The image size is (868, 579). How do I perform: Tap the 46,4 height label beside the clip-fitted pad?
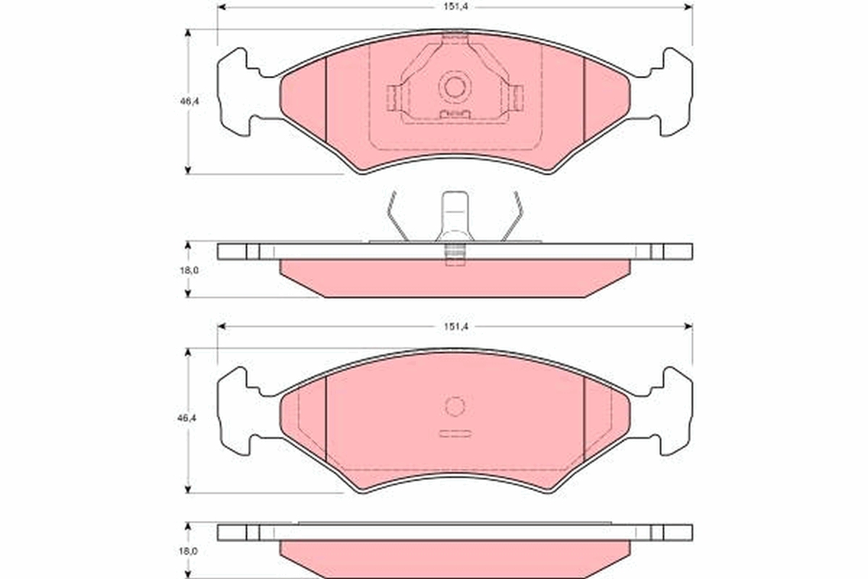[x=189, y=102]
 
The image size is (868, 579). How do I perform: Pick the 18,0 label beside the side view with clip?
[x=189, y=270]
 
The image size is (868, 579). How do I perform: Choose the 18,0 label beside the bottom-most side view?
[x=189, y=551]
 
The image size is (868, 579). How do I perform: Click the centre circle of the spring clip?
[x=454, y=87]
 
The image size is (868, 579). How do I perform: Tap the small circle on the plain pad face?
[x=454, y=407]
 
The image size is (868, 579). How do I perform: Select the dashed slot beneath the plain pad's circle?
[x=454, y=434]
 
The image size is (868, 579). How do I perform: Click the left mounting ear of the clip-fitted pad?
[x=235, y=91]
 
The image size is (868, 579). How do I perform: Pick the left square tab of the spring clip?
[x=393, y=97]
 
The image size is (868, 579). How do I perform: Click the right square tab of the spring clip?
[x=516, y=97]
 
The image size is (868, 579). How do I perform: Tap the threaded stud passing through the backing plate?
[x=454, y=255]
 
